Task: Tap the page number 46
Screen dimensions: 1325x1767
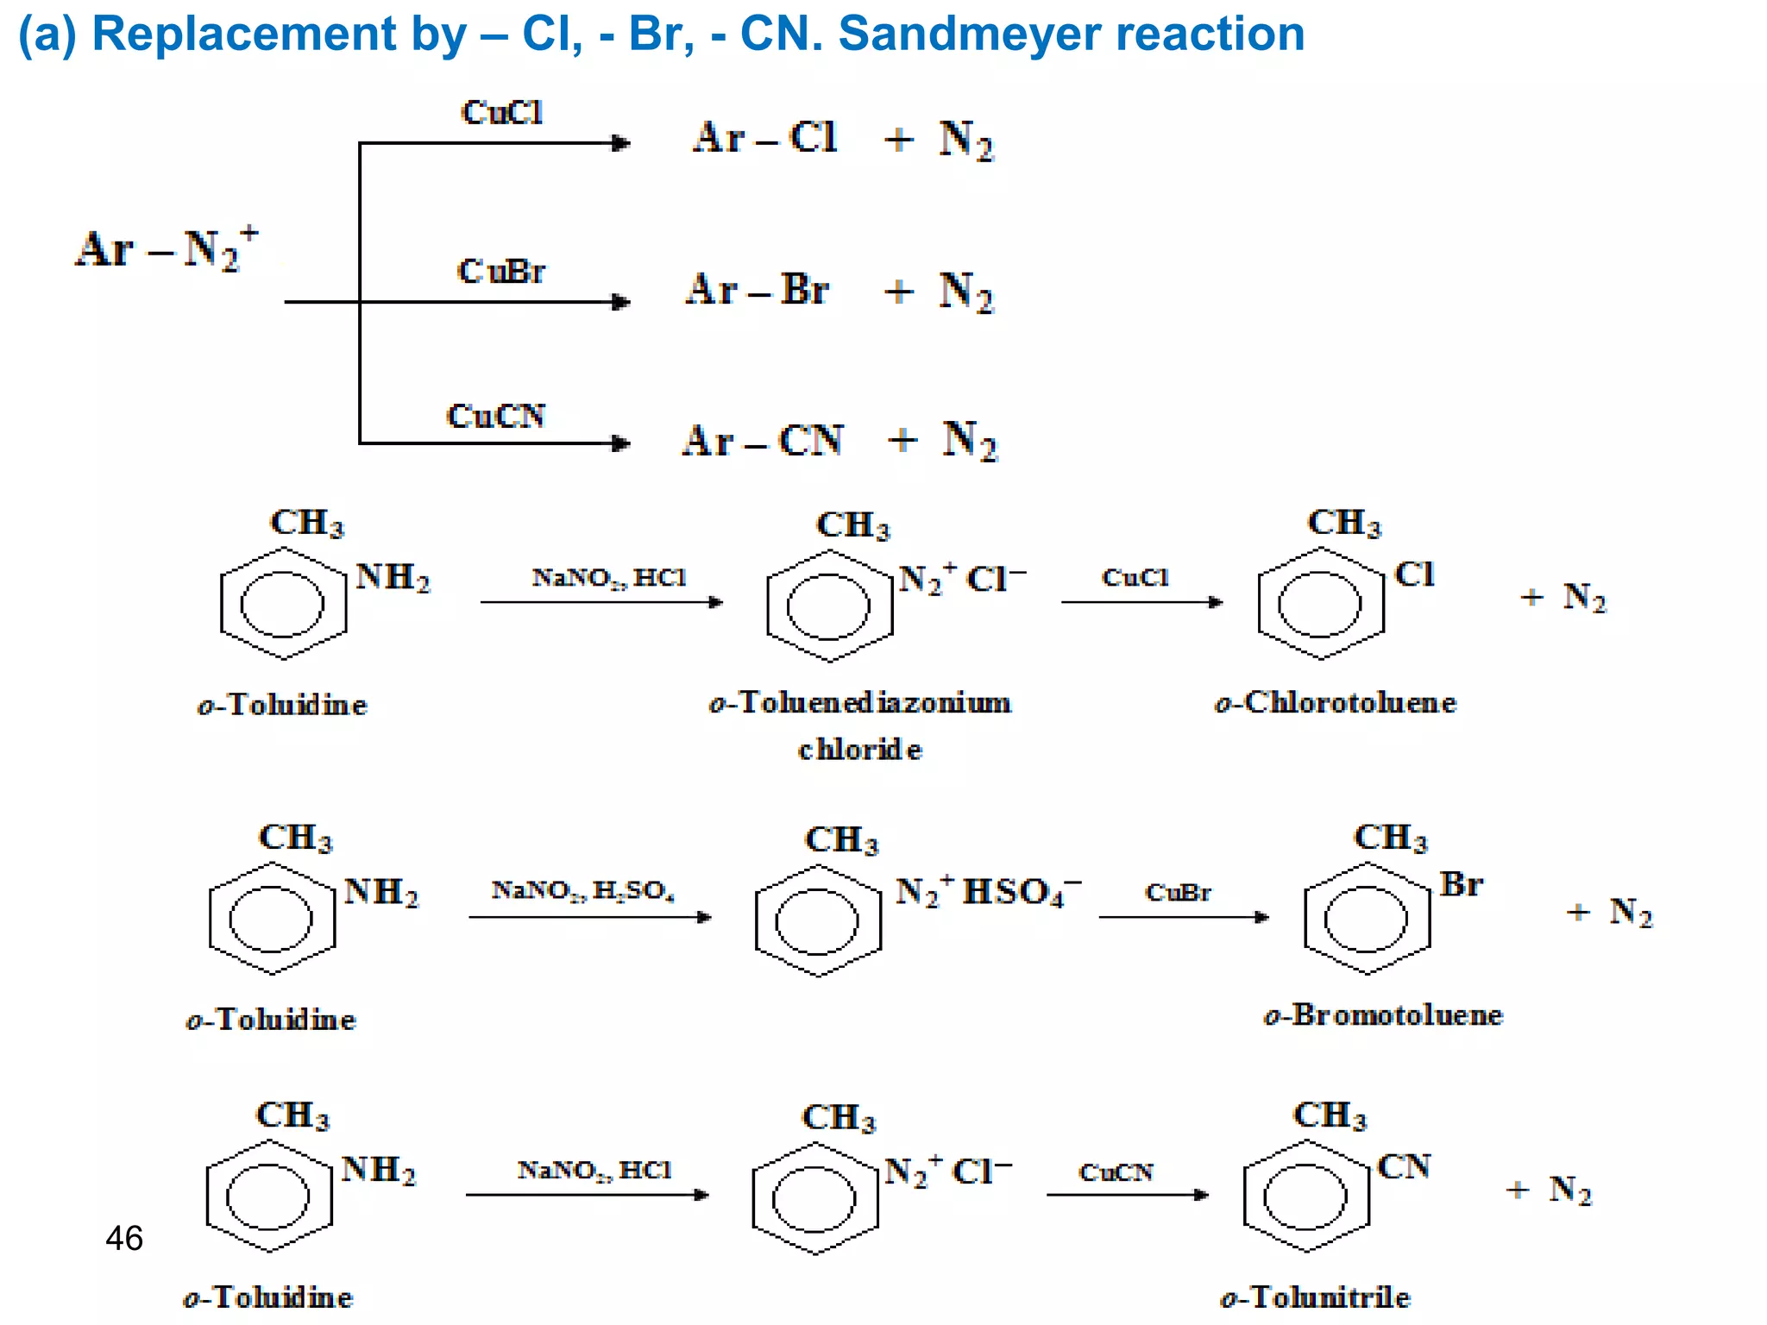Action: (124, 1239)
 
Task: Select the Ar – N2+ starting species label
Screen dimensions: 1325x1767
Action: (166, 250)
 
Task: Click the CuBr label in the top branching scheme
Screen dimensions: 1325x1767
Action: (501, 272)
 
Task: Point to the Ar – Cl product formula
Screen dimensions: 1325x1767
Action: (764, 138)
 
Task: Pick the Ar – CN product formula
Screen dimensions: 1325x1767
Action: (763, 441)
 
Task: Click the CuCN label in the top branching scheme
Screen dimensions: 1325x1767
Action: (496, 417)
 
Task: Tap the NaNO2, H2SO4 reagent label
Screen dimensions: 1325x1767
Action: (583, 889)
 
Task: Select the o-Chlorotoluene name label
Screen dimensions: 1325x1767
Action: (1335, 703)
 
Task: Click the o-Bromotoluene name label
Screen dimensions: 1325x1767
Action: (1383, 1015)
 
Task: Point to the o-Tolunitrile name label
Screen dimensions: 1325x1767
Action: (1315, 1297)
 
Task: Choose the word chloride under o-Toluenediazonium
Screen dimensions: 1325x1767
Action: (859, 750)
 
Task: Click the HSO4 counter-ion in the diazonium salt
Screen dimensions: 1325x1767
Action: (1021, 892)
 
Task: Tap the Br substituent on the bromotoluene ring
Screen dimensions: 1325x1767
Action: (1461, 885)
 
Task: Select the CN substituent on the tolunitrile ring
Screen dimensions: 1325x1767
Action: (1404, 1167)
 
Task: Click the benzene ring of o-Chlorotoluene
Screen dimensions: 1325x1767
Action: (1320, 604)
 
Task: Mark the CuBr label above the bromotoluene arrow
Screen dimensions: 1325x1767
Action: (1178, 892)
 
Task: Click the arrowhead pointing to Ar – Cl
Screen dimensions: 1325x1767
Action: (621, 143)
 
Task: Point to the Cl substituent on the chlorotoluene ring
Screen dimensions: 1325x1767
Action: (1415, 575)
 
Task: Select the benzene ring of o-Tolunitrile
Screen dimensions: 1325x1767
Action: (1306, 1196)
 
